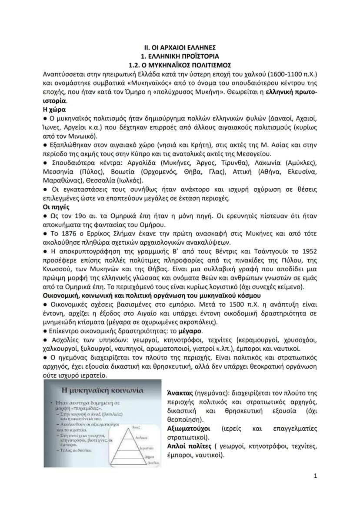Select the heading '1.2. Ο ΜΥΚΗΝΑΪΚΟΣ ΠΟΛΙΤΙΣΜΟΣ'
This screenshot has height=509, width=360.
pos(180,64)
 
